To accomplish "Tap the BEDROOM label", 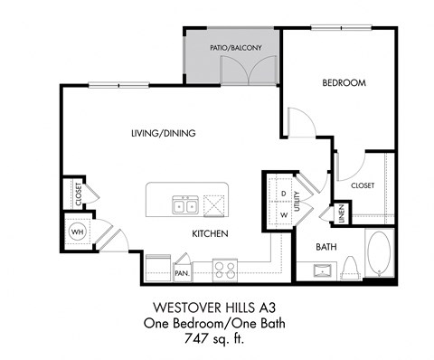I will [x=344, y=83].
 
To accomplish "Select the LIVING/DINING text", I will [x=163, y=134].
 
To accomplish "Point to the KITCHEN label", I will [x=209, y=233].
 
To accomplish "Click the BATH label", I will [x=326, y=246].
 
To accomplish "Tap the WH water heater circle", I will [x=76, y=232].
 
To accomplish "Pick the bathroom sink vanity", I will [x=323, y=270].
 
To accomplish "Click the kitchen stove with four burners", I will [x=224, y=269].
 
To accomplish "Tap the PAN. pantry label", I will [x=182, y=270].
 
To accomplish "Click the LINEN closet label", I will [x=341, y=214].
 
